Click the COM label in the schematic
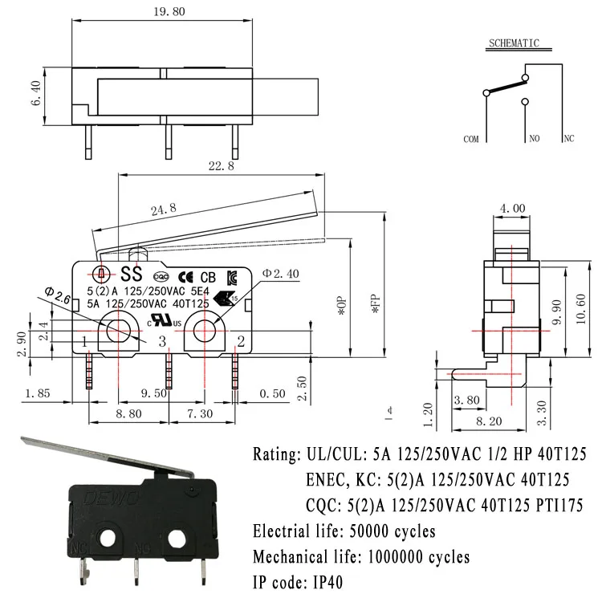tap(472, 139)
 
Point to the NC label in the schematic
tap(569, 139)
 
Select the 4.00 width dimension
tap(514, 209)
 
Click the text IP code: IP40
tap(298, 583)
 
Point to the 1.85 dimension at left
tap(39, 393)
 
